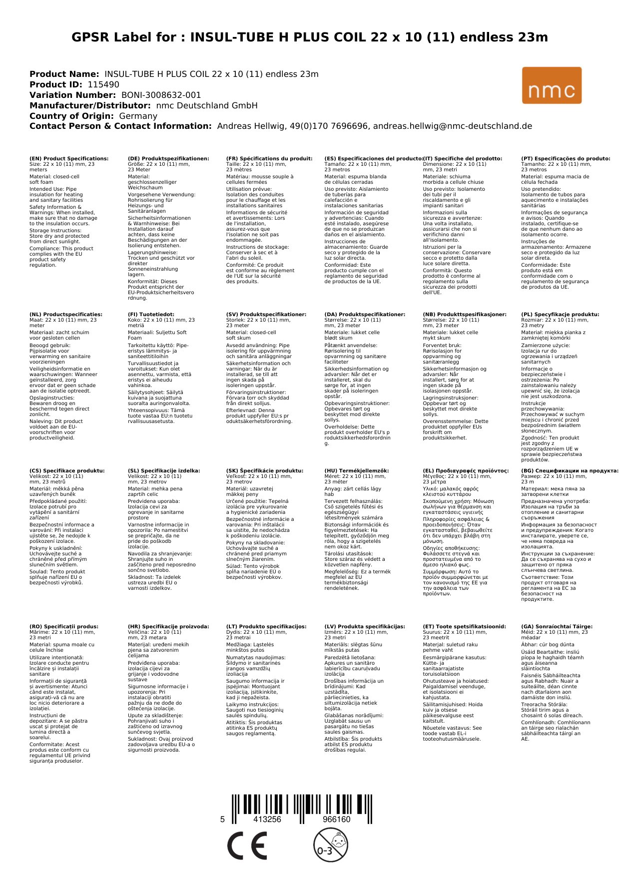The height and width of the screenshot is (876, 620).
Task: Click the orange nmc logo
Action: [x=552, y=85]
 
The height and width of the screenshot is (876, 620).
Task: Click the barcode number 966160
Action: [x=336, y=820]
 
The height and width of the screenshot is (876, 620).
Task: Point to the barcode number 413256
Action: [x=267, y=820]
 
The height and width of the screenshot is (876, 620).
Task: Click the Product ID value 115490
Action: [x=103, y=85]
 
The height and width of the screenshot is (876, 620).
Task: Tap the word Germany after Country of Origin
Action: [x=138, y=116]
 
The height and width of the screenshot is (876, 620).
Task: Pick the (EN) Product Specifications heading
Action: [x=69, y=159]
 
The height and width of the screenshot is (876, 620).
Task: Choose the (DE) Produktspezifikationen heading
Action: [x=168, y=159]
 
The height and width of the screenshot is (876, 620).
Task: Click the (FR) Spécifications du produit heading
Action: [x=269, y=159]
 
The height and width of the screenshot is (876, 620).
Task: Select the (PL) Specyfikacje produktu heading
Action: [x=560, y=315]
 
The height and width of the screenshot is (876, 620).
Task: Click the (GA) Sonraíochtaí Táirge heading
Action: [x=557, y=627]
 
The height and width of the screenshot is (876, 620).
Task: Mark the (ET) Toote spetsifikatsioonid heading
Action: [x=464, y=627]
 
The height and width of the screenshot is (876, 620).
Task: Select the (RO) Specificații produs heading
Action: [x=64, y=627]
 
